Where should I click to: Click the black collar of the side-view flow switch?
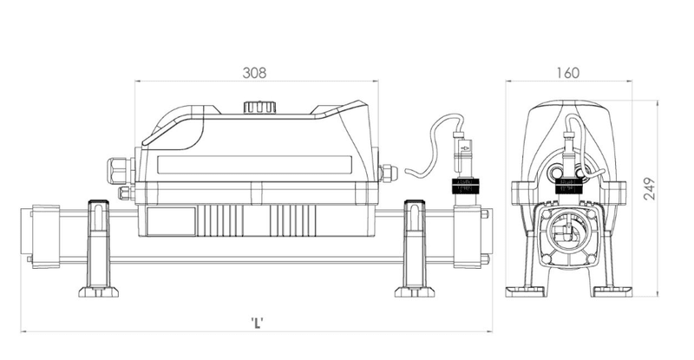tap(469, 185)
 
